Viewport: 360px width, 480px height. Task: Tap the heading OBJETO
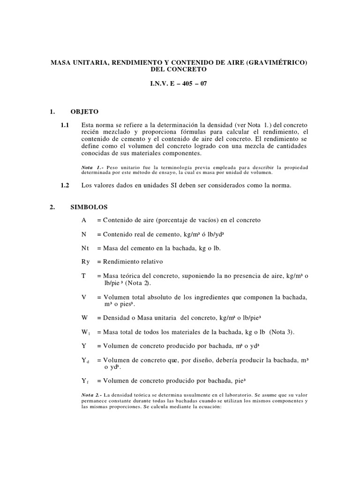point(84,112)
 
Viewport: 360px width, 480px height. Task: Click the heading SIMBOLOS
point(89,207)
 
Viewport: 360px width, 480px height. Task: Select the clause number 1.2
point(65,185)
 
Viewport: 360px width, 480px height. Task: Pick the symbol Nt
point(85,248)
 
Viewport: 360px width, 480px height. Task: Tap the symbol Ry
point(85,262)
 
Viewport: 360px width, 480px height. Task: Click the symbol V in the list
point(83,298)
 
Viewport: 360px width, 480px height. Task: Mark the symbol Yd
point(85,360)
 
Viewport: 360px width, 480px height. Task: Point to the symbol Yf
point(85,381)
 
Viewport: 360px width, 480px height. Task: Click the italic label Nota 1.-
point(93,167)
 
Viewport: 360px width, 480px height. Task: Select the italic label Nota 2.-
point(93,395)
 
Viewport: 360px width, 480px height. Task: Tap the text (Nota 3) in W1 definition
point(284,332)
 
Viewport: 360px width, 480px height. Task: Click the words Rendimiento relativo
point(133,262)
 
